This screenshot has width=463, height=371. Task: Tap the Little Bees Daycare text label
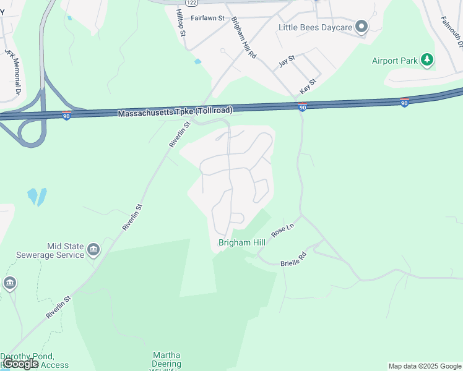point(315,27)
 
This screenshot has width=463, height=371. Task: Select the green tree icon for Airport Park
point(426,60)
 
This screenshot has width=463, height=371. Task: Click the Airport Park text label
point(394,61)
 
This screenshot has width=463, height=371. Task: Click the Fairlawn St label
point(207,18)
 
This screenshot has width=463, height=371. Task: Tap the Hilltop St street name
point(181,23)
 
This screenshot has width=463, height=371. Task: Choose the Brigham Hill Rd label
point(244,37)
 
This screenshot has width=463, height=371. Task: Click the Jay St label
point(287,61)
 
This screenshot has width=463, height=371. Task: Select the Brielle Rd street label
point(294,258)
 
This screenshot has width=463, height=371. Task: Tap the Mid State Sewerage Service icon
point(93,250)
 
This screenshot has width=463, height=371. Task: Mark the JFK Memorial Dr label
point(13,71)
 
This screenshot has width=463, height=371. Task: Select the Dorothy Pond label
point(27,357)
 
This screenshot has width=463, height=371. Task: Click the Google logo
point(20,364)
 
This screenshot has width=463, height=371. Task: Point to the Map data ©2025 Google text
point(424,366)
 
